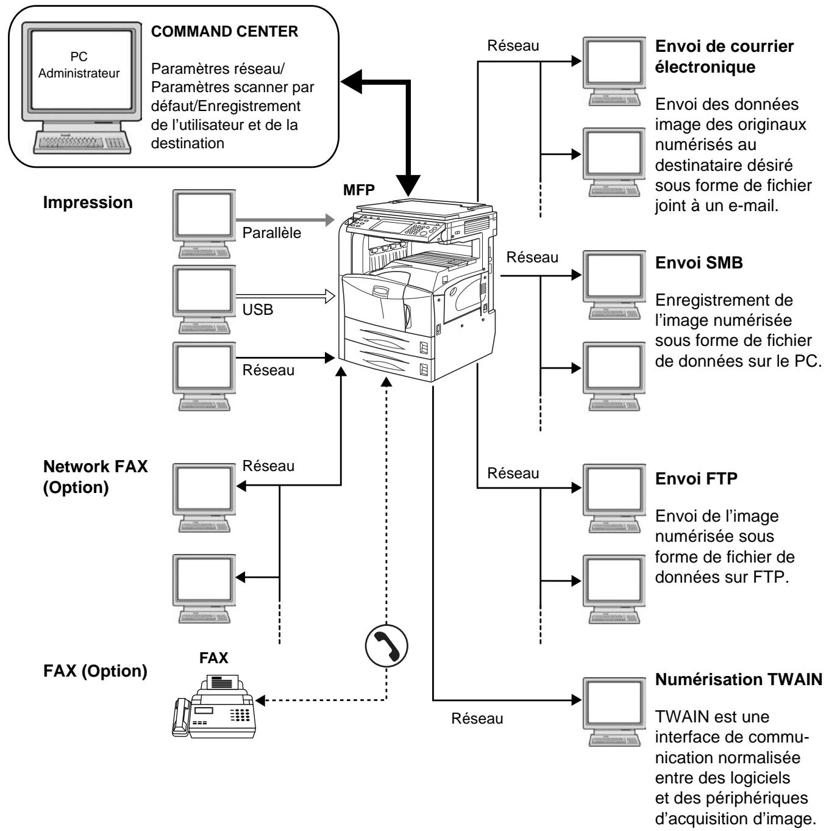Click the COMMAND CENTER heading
point(224,32)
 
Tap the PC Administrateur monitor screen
point(82,69)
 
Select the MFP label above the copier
point(359,190)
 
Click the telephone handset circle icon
point(386,646)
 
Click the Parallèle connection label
point(271,233)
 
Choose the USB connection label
point(258,309)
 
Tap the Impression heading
point(88,202)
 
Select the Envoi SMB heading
point(699,262)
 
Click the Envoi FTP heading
point(696,479)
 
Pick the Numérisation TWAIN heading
point(739,679)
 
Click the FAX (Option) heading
point(95,671)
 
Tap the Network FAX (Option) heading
point(95,477)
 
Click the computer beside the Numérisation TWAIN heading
point(614,711)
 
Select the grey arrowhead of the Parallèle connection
point(330,220)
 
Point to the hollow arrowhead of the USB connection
point(330,297)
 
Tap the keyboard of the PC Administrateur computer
point(82,142)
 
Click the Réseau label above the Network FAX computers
point(268,466)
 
